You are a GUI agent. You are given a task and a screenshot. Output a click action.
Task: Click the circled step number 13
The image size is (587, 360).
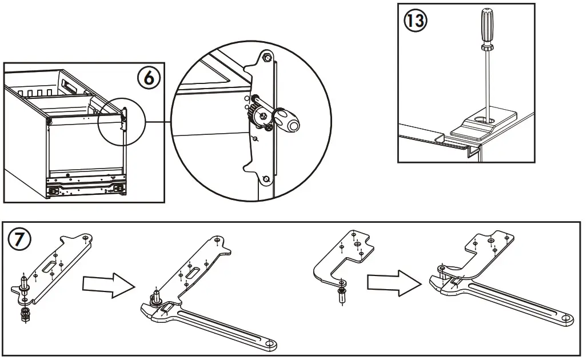pos(416,21)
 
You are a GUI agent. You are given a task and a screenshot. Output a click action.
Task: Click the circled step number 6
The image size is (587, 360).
pos(149,78)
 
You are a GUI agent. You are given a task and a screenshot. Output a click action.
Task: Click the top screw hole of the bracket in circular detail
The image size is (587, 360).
pos(266,58)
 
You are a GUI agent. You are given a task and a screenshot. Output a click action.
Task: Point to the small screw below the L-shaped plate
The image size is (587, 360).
pos(341,297)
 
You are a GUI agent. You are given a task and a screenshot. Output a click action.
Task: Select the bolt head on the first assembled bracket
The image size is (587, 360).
pos(155,297)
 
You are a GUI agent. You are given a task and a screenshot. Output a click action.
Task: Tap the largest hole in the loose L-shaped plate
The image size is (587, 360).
pos(357,245)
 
